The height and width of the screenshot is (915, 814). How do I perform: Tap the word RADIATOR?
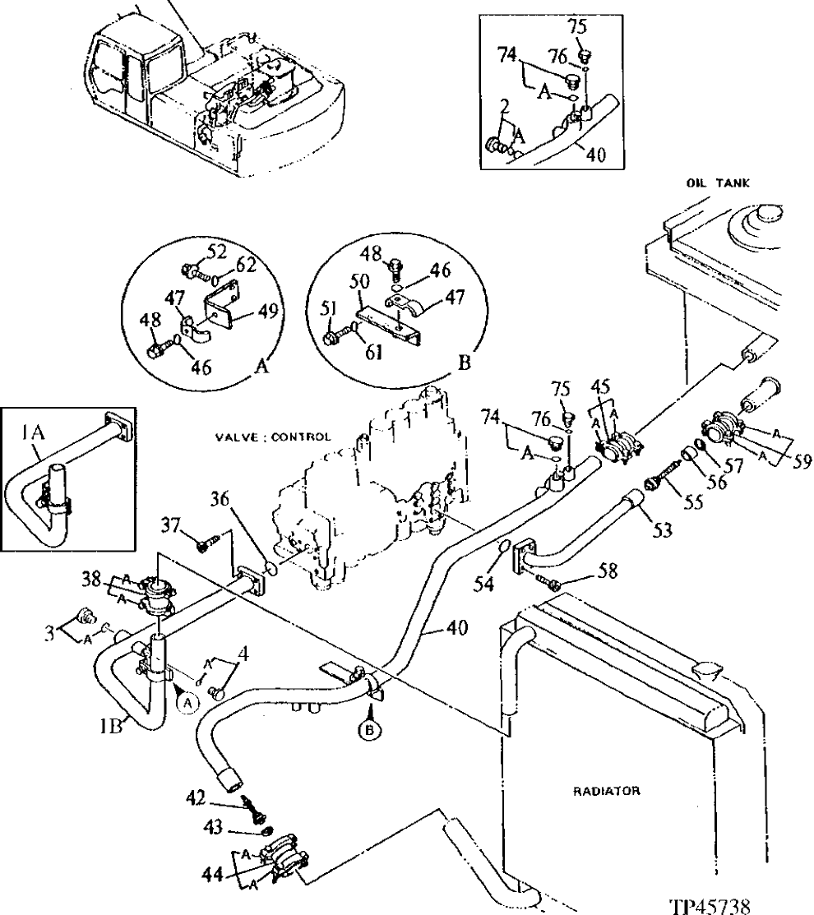coord(607,791)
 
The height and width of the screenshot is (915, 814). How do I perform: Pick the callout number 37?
coord(170,525)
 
